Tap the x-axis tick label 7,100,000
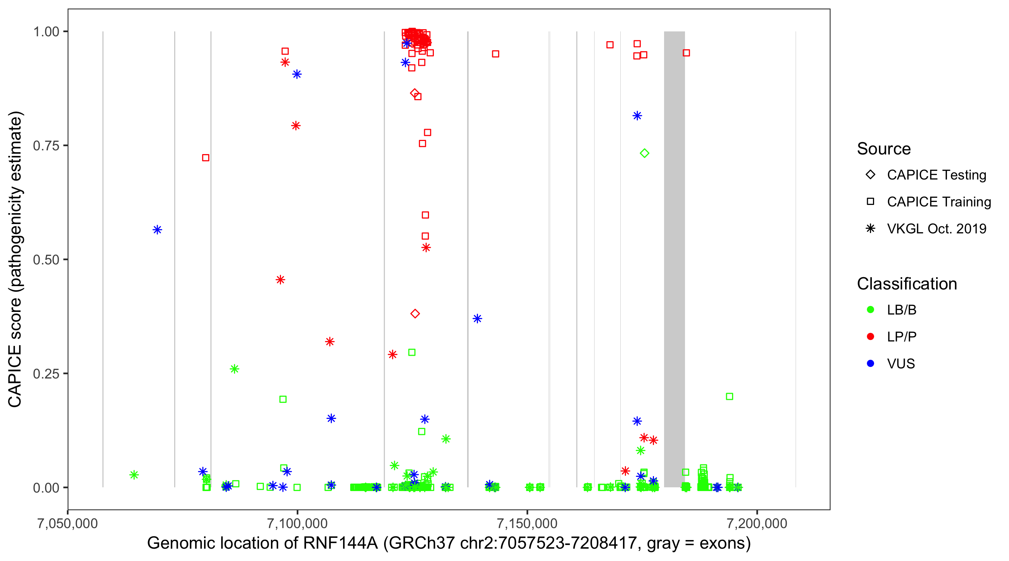point(297,523)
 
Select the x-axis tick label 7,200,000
point(757,523)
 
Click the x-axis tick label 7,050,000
point(67,523)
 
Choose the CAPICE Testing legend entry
point(936,175)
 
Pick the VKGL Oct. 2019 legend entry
point(936,229)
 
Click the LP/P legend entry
point(901,337)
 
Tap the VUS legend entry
point(901,364)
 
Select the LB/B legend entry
point(901,310)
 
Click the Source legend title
point(884,149)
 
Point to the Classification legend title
point(907,284)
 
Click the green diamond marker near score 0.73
point(644,153)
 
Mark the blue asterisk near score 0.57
point(157,230)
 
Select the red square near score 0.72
point(206,157)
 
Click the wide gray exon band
point(674,259)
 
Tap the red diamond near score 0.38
point(415,314)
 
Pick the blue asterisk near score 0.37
point(477,319)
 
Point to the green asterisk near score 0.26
point(234,369)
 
